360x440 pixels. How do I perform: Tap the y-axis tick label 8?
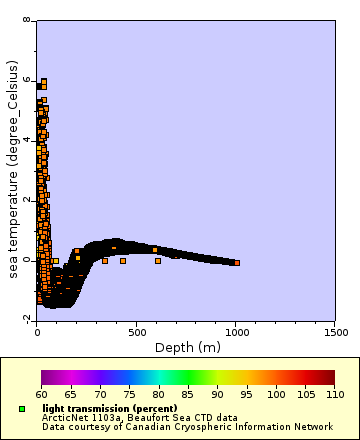click(x=27, y=20)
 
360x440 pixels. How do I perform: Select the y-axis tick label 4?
click(x=27, y=140)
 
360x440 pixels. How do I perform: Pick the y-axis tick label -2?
click(x=25, y=319)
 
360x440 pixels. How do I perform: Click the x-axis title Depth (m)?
click(x=187, y=347)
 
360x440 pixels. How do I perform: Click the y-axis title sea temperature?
click(x=13, y=170)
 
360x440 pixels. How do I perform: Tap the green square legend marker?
click(x=21, y=409)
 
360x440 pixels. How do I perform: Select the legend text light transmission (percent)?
click(x=109, y=409)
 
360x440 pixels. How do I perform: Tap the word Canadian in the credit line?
click(x=156, y=426)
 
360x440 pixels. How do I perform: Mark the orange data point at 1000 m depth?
click(x=236, y=262)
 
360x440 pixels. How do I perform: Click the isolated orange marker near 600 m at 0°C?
click(x=157, y=261)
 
